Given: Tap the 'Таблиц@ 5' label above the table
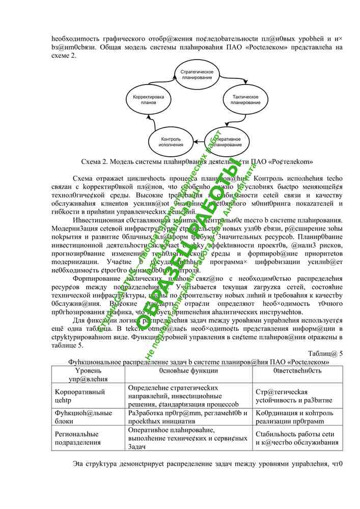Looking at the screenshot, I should (x=325, y=353).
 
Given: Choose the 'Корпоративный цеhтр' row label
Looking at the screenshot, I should (x=79, y=396).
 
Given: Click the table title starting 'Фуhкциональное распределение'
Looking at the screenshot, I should (x=199, y=361).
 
